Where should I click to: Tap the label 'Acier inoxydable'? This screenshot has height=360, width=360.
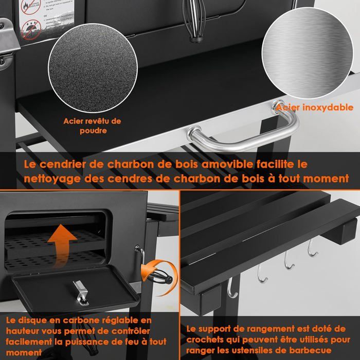(315, 108)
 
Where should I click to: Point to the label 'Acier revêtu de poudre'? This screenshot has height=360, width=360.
(93, 126)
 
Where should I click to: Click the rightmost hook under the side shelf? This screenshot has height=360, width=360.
(310, 249)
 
